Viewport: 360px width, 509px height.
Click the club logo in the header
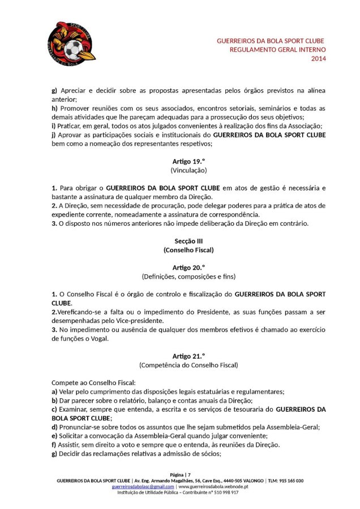click(x=71, y=41)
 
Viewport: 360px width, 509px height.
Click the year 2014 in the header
click(x=319, y=59)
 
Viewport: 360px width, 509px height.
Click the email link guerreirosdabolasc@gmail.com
click(x=143, y=486)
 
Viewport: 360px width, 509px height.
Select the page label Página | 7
click(x=181, y=474)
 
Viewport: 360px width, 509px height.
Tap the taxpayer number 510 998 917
click(x=225, y=492)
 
